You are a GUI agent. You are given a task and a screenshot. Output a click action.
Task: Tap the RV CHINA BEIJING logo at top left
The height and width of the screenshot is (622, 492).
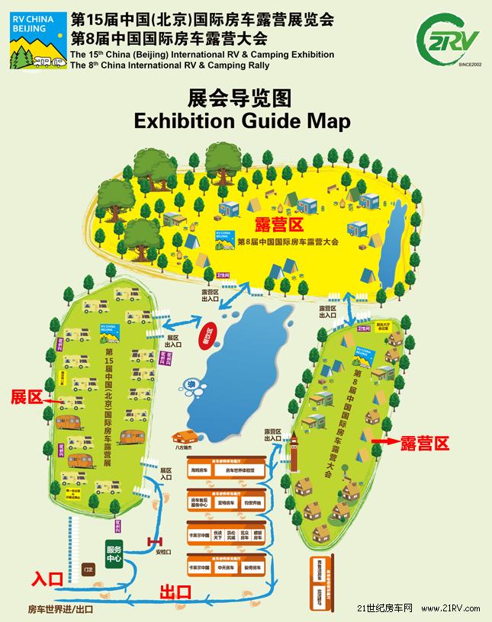36,40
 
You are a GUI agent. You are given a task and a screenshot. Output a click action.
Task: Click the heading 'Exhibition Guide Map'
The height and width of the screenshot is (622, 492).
241,120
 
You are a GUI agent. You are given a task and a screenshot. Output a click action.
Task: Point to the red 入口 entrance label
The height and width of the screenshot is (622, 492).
47,579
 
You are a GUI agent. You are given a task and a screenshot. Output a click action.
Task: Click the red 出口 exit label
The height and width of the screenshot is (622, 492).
175,591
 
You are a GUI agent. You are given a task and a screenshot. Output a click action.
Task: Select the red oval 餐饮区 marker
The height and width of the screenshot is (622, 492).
204,335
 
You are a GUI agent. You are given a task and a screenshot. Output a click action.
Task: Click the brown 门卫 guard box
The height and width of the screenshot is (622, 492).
89,568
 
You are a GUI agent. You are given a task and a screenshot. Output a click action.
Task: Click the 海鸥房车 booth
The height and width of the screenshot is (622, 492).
200,472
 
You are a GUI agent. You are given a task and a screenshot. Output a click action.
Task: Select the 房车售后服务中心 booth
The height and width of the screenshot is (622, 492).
200,503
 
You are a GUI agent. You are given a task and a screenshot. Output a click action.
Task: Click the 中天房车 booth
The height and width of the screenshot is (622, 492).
227,568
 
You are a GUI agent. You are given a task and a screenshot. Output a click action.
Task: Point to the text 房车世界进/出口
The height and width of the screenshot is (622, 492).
60,609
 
